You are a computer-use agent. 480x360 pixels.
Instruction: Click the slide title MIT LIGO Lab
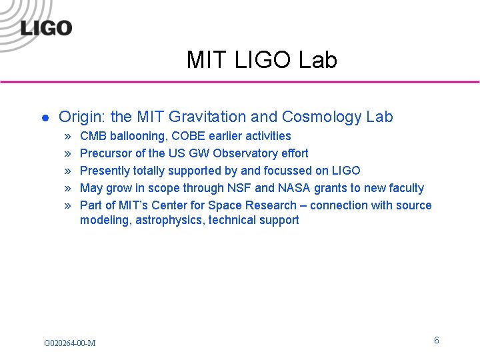(x=262, y=60)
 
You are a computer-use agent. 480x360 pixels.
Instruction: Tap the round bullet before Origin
(x=45, y=118)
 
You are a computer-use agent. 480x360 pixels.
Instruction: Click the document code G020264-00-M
(x=69, y=343)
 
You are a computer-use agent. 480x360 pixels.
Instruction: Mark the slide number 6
(x=437, y=341)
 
